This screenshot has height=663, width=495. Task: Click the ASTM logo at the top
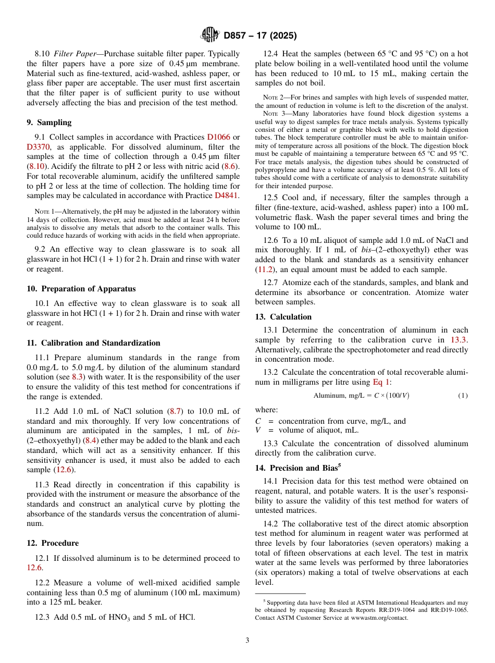210,35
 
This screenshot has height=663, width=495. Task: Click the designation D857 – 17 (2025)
260,36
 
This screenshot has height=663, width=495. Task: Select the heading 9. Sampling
49,122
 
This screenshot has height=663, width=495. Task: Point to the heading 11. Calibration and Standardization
93,343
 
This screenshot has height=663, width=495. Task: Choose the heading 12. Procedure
53,543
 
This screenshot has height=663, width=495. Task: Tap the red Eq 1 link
381,382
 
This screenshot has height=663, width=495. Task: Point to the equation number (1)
463,396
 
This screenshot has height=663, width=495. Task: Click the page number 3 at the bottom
247,640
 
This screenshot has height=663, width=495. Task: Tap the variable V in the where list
258,430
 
